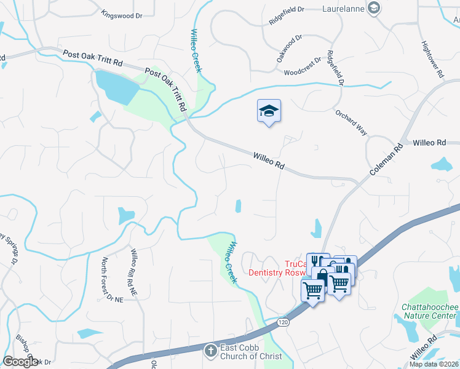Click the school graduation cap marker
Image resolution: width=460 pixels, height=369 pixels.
point(269,111)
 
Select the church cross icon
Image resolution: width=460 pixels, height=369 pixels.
point(210,351)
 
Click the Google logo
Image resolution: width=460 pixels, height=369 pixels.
point(21,362)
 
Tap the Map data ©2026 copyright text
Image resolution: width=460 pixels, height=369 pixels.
point(434,364)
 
